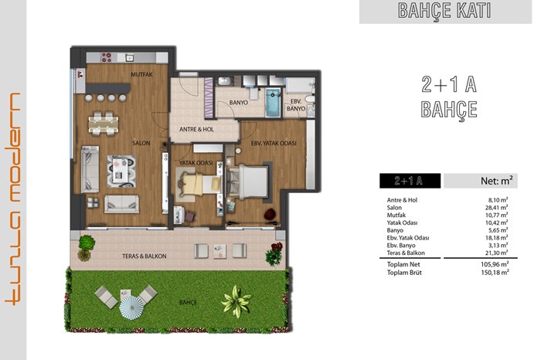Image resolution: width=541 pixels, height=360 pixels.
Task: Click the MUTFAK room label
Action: (141, 74)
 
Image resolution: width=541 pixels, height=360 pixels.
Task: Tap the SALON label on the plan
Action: (141, 143)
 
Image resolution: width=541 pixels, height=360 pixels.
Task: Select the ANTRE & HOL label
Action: (196, 129)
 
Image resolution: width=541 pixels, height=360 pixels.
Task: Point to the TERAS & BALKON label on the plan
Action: (145, 256)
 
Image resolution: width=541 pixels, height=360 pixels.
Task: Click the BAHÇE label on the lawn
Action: (188, 302)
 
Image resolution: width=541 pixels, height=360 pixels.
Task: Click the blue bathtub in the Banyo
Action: (273, 103)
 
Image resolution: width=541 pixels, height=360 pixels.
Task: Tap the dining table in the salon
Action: (104, 123)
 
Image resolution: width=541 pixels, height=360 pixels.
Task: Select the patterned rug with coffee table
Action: (121, 172)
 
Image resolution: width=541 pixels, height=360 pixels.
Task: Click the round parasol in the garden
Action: (131, 307)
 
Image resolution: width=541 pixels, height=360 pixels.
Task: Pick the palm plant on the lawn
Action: (236, 301)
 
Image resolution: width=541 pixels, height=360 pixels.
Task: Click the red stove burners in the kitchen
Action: (107, 57)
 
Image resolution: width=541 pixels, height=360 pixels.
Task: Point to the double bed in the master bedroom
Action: (249, 182)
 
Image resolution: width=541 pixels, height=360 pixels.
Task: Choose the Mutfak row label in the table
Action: (396, 216)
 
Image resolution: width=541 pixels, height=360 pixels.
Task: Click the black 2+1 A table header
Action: (410, 181)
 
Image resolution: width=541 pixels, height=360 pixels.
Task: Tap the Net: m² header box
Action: (481, 181)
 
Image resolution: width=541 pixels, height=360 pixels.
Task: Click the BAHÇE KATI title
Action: (444, 11)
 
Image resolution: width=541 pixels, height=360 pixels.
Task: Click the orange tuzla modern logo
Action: (13, 199)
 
